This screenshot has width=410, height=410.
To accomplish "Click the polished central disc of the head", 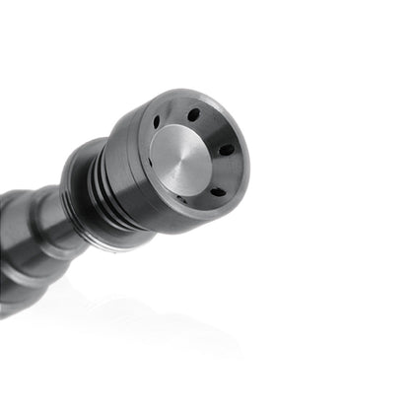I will (x=182, y=161).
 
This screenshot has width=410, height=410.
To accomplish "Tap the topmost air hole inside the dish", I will (x=193, y=114).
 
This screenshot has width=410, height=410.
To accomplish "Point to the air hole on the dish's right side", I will (x=227, y=149).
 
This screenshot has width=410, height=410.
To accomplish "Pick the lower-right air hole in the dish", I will (x=217, y=191).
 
